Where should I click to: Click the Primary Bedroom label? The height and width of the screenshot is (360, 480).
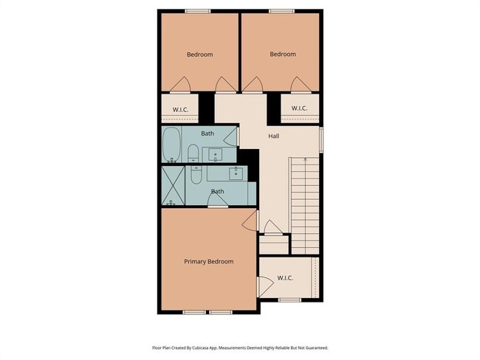208,262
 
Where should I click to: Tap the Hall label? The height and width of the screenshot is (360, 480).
273,136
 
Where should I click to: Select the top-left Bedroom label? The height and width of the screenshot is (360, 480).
199,55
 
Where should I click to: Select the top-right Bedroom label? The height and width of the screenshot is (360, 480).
282,54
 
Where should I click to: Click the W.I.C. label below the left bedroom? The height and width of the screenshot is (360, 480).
181,110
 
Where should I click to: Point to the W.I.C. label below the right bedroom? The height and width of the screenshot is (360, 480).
299,108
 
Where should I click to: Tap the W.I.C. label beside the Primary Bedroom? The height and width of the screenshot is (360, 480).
285,278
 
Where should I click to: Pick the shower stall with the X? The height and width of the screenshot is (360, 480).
174,186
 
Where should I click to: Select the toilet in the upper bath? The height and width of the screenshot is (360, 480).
193,153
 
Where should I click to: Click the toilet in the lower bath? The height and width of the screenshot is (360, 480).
196,176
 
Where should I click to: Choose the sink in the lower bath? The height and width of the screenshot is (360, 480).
236,174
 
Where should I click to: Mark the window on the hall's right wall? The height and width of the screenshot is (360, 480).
321,138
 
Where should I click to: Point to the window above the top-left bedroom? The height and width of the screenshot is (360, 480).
195,10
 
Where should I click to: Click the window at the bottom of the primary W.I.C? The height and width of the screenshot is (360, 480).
289,300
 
